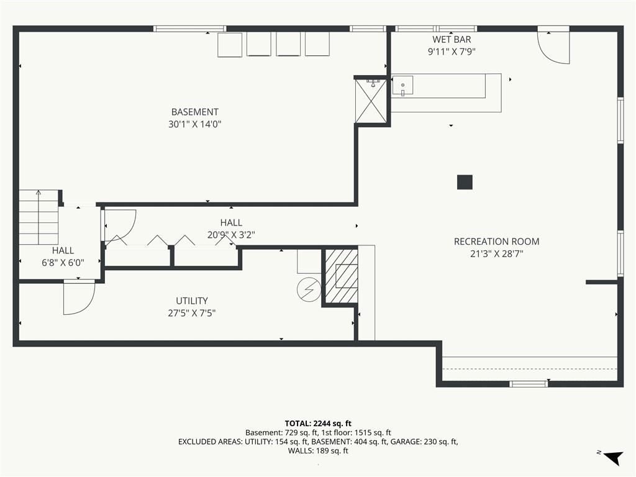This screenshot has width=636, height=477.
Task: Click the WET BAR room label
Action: tap(452, 39)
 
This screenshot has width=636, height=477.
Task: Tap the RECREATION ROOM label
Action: tap(496, 242)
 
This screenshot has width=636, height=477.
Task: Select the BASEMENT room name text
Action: tap(194, 112)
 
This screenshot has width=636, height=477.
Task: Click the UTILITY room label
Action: tap(192, 301)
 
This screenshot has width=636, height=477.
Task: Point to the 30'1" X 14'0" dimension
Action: tap(194, 124)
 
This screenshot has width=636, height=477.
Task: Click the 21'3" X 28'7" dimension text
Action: tap(496, 254)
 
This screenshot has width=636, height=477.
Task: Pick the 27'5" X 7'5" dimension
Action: tap(192, 313)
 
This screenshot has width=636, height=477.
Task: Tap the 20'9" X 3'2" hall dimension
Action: tap(231, 235)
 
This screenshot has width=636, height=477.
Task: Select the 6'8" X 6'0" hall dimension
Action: tap(63, 263)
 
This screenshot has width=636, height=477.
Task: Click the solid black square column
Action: tap(465, 182)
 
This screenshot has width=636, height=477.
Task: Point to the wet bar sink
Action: tap(402, 86)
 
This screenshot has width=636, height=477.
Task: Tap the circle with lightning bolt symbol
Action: tap(309, 289)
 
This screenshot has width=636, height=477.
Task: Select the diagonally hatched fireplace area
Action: tap(342, 276)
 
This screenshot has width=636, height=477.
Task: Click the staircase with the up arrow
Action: tap(39, 217)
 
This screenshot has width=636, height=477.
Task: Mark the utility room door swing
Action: tap(79, 298)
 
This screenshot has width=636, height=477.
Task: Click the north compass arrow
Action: tap(613, 458)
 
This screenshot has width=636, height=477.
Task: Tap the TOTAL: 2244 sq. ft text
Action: tap(318, 424)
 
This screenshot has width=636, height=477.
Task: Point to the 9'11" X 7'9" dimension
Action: tap(452, 52)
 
